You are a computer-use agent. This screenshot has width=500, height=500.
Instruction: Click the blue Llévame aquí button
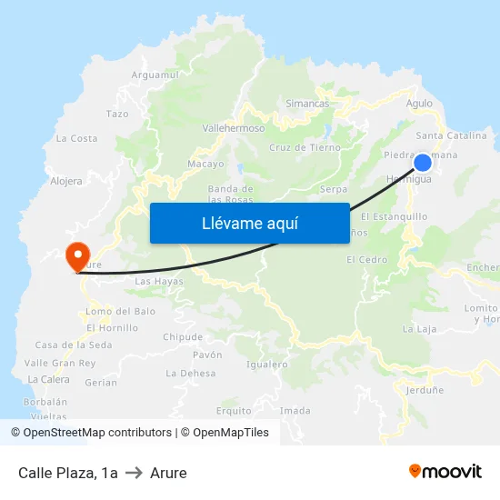click(249, 223)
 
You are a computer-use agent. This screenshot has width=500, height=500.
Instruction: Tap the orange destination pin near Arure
click(77, 255)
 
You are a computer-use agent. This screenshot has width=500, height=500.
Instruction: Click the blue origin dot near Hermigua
click(423, 163)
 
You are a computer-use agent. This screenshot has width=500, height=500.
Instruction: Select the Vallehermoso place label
click(234, 128)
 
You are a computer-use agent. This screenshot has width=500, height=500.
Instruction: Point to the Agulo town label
click(419, 104)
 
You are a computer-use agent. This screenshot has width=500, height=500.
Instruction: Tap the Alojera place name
click(66, 181)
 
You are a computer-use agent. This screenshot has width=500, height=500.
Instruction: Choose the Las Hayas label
click(158, 282)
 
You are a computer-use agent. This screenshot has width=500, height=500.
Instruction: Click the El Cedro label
click(366, 260)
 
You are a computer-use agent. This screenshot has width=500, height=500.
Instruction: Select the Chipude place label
click(182, 336)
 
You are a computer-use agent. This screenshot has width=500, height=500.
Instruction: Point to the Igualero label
click(267, 365)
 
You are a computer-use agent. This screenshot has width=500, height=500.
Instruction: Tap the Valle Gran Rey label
click(60, 363)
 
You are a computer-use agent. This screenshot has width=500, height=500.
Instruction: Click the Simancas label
click(307, 104)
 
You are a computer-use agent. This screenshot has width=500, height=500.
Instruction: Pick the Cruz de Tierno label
click(305, 147)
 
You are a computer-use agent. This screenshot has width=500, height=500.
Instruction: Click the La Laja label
click(419, 329)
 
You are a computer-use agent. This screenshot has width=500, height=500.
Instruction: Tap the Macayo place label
click(205, 164)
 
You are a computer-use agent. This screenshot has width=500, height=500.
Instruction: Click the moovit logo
click(445, 471)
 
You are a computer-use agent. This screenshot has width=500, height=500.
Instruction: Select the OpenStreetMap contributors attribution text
click(97, 433)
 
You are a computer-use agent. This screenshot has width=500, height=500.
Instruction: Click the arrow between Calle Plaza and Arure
click(134, 473)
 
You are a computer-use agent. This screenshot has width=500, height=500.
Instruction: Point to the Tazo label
click(117, 115)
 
